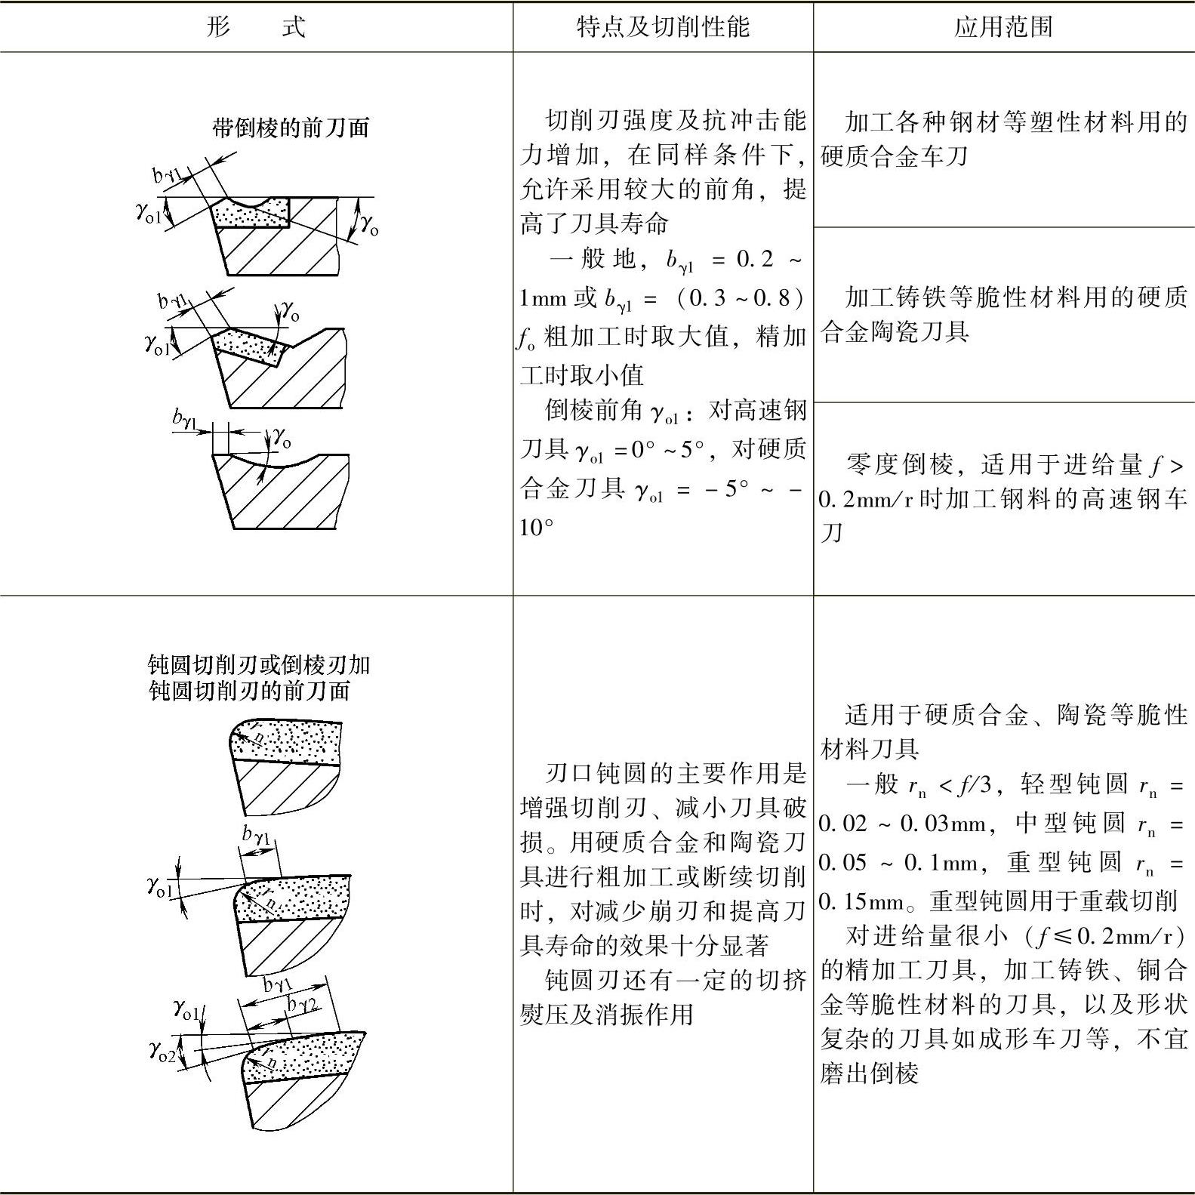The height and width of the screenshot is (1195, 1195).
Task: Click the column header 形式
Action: [x=256, y=27]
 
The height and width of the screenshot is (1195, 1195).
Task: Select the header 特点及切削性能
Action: [x=663, y=27]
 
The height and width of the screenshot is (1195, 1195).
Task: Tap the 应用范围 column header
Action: [x=1003, y=27]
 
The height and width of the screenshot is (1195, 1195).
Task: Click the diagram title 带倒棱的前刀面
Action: [x=291, y=128]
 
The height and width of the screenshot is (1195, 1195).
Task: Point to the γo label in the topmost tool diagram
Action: [x=368, y=223]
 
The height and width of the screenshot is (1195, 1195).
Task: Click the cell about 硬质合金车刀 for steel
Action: [x=1003, y=139]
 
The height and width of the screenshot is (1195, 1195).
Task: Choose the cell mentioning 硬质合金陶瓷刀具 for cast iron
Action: [x=1003, y=314]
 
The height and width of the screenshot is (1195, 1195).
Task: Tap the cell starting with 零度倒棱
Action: [x=1003, y=498]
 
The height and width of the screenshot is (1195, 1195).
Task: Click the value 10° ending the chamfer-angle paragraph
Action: [x=536, y=527]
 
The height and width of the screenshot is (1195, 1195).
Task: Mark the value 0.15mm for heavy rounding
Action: [x=861, y=901]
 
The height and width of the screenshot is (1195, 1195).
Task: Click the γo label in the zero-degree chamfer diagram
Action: [x=282, y=436]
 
